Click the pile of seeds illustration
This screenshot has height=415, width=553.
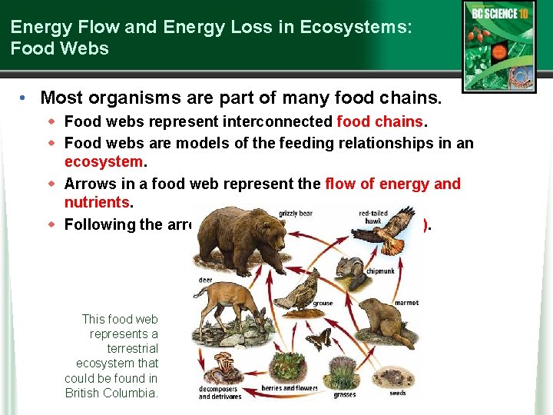coord(399,377)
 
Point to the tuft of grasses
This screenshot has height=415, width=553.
coord(344,374)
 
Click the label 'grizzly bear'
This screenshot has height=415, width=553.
coord(296,213)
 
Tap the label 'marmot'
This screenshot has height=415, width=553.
coord(406,303)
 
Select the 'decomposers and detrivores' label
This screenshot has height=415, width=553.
coord(220,393)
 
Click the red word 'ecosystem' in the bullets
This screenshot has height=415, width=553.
coord(104,162)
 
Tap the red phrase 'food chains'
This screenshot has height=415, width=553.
coord(379,121)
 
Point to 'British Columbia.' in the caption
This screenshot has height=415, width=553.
coord(111,393)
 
